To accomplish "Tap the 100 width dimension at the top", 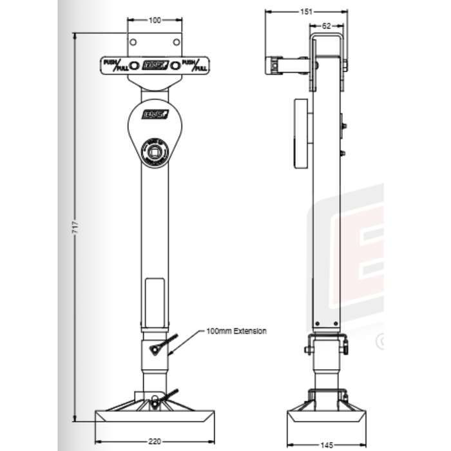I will [155, 21].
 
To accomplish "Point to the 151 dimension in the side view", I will [307, 12].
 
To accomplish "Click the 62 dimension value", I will [326, 26].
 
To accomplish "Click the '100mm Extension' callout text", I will [236, 331].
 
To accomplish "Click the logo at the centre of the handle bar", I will [155, 65].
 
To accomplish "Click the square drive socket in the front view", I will [155, 153].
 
